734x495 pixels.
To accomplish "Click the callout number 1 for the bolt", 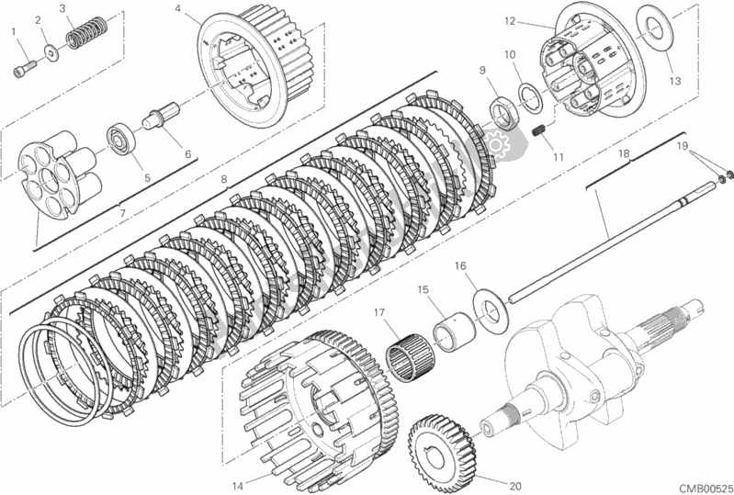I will pos(15,33).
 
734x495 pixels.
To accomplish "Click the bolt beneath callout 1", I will pos(25,66).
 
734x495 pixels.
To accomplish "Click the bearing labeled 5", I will pos(120,137).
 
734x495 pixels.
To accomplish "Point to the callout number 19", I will pos(682,145).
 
